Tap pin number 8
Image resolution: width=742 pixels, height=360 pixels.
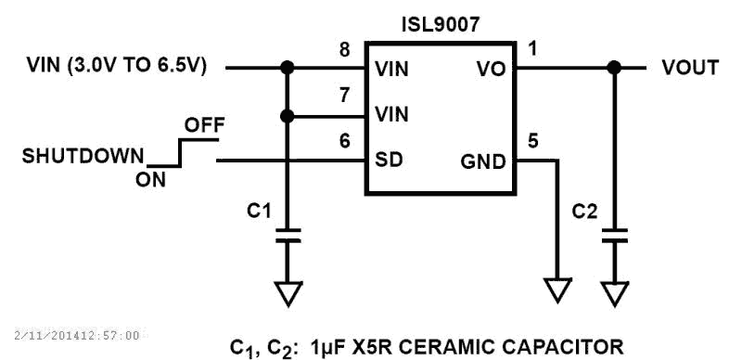tap(344, 50)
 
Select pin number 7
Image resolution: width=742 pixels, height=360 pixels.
tap(344, 96)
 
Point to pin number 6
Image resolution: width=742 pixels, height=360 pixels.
tap(344, 142)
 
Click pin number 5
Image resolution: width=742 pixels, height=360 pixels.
tap(531, 142)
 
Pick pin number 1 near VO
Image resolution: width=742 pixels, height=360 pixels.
tap(531, 46)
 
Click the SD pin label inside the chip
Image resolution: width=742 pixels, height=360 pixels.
tap(388, 161)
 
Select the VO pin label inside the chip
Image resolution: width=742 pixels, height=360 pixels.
tap(491, 69)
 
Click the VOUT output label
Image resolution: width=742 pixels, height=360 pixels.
tap(690, 68)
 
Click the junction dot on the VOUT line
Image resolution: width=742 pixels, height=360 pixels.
tap(612, 68)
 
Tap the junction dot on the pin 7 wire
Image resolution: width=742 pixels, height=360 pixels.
tap(288, 116)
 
